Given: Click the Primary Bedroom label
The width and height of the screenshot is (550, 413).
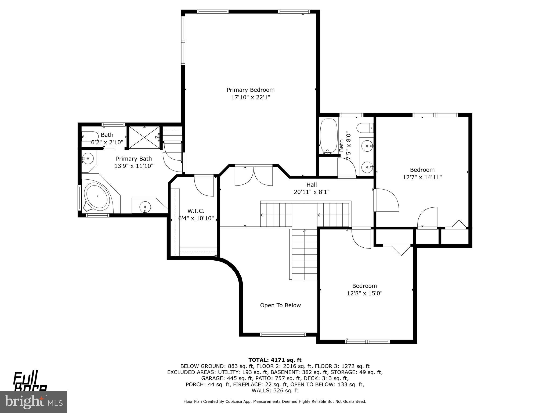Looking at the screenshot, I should (250, 90).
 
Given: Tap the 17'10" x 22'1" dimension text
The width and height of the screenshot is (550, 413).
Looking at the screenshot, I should (250, 97).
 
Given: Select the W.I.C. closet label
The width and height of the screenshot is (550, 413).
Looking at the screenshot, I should (196, 211).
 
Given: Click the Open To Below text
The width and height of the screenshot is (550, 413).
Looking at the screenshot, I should (280, 305).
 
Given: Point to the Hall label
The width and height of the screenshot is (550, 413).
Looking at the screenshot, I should (312, 185).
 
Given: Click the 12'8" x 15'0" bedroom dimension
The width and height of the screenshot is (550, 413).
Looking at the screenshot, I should (364, 293).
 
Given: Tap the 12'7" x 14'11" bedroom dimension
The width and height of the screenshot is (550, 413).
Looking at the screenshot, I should (422, 177).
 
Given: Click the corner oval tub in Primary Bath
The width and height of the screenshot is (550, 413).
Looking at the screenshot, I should (97, 197).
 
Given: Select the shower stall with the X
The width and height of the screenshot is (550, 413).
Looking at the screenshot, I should (144, 137).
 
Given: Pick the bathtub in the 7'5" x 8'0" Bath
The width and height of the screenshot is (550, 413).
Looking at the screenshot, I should (328, 136).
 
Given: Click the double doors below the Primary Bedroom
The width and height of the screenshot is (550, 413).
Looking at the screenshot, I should (254, 176).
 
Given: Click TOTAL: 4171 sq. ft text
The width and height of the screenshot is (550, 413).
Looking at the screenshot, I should (275, 360).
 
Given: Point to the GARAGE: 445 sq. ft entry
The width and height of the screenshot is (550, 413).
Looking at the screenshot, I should (222, 378).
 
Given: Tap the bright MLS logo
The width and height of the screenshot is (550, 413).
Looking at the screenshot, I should (33, 401).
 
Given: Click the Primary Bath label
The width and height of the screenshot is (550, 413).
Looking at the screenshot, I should (134, 159).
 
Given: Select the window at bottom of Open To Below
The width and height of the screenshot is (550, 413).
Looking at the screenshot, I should (283, 334).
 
